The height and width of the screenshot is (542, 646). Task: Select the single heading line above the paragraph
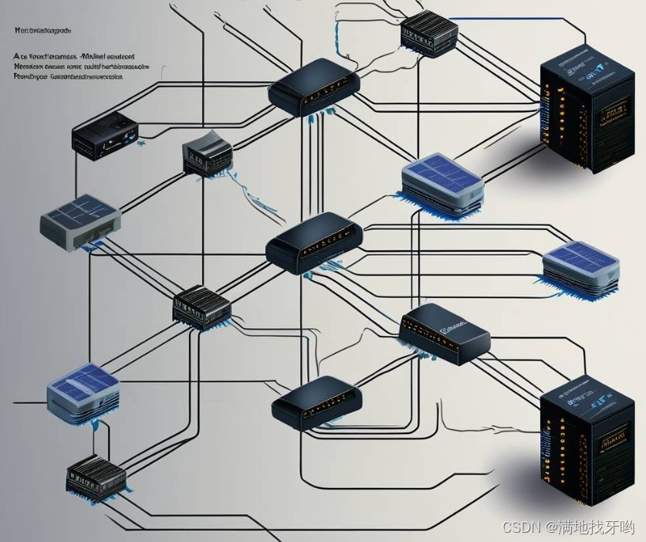coord(42,31)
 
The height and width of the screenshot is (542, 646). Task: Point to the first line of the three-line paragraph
coord(74,56)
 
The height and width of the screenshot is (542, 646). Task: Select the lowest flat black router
coord(317,403)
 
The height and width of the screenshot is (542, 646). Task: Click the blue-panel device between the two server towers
coord(580,266)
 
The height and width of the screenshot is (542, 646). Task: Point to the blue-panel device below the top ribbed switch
coord(442,184)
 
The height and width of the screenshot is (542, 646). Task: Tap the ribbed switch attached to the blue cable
coord(429,32)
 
